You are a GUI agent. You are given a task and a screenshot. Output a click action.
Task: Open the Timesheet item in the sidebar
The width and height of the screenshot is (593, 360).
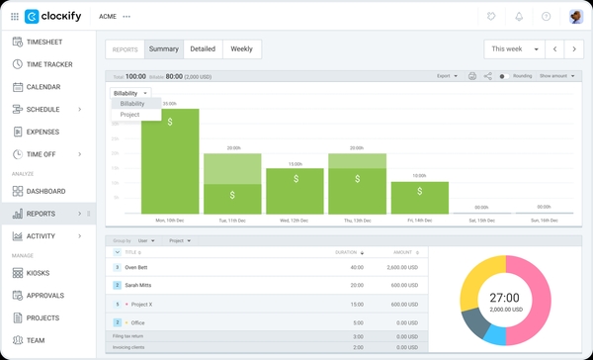[49, 42]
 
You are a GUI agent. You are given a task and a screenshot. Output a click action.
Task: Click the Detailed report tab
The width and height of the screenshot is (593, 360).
[202, 48]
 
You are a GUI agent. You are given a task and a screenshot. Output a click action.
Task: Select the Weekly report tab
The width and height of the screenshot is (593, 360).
[241, 48]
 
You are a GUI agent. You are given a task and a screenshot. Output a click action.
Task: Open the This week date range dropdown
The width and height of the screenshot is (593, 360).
[515, 48]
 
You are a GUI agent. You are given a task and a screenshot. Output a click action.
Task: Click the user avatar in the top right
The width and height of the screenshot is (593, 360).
[576, 16]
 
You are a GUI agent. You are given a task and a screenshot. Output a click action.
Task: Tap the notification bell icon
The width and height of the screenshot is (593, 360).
[519, 16]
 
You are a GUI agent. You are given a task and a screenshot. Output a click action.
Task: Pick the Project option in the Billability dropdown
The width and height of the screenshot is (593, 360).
[130, 115]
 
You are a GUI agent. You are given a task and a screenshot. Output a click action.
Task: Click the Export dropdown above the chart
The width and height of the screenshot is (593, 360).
[448, 75]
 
